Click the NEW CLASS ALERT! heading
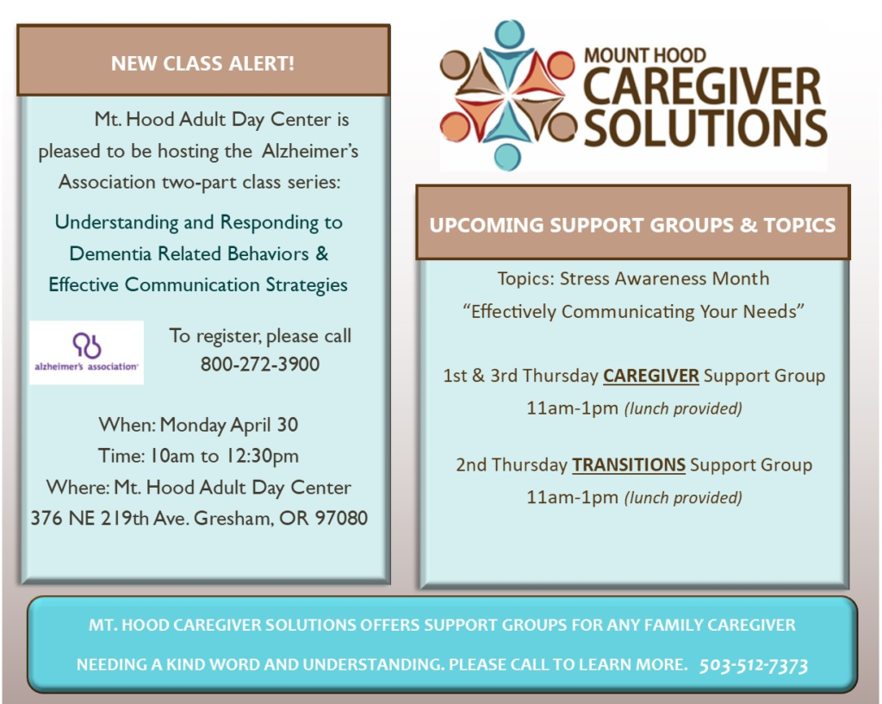click(202, 64)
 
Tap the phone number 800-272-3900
click(260, 364)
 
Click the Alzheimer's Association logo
click(87, 352)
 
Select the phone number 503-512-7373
click(753, 666)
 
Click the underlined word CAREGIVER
click(651, 376)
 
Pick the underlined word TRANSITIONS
click(628, 465)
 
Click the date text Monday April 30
click(229, 425)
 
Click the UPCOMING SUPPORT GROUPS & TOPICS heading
click(632, 225)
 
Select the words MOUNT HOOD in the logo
click(644, 56)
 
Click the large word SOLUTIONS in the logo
click(705, 128)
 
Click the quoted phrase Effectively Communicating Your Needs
click(633, 312)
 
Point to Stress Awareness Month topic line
click(633, 278)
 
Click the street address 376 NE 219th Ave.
click(109, 518)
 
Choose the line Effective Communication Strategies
click(198, 284)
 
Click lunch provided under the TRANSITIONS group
click(683, 498)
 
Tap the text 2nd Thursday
click(512, 465)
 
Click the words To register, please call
click(260, 336)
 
